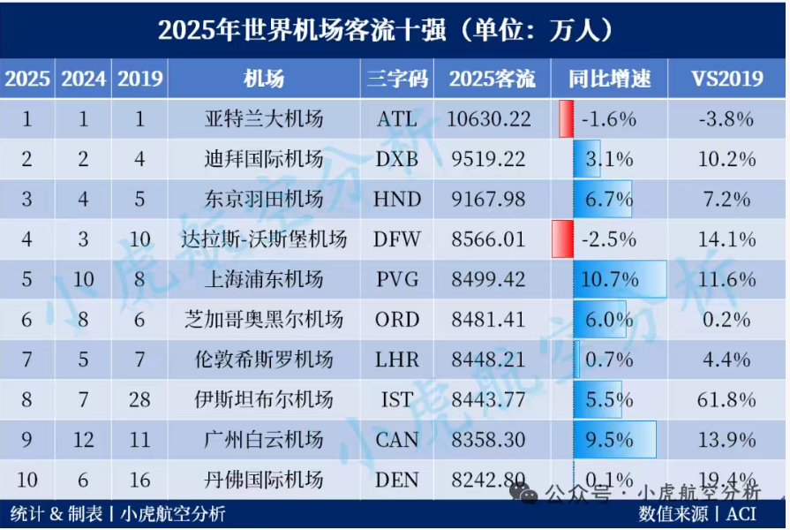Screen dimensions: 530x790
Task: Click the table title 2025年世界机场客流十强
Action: (x=386, y=29)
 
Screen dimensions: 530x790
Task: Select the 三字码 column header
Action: (x=396, y=79)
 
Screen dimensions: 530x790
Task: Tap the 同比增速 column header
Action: (x=609, y=79)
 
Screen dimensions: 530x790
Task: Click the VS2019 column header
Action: (x=727, y=79)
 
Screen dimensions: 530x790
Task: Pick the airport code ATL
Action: (x=396, y=118)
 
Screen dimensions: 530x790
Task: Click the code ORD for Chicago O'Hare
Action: (x=396, y=320)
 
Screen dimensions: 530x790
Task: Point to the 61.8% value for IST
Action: (x=727, y=399)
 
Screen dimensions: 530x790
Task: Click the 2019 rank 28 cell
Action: (x=139, y=399)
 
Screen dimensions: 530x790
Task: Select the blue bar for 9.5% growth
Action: (x=614, y=440)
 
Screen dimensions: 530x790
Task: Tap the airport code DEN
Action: (x=396, y=480)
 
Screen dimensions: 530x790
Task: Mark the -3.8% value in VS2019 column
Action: (x=727, y=118)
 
